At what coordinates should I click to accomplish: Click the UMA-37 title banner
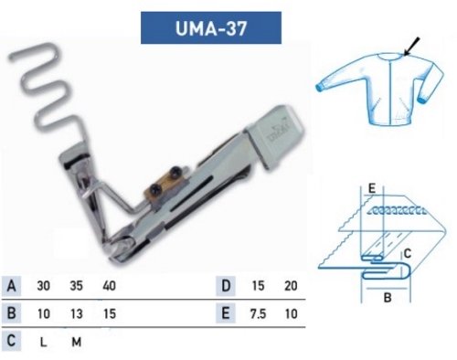point(210,28)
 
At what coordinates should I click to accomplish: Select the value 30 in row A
point(43,286)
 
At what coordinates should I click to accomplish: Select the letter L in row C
point(42,344)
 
